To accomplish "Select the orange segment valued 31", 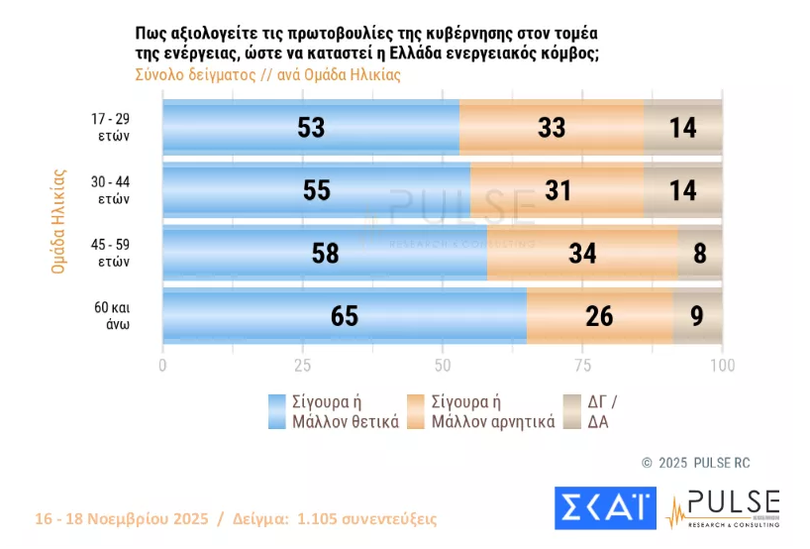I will tap(557, 190).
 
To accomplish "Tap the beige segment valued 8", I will tap(699, 253).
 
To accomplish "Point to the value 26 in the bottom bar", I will tap(599, 316).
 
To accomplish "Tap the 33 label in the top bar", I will tap(552, 127).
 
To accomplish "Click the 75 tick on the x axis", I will tap(582, 365).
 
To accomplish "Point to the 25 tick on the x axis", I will tap(302, 365).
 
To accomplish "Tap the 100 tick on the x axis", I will tap(723, 365).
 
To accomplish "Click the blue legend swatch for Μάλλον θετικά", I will tap(277, 411).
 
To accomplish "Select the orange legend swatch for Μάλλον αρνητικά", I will tap(416, 411).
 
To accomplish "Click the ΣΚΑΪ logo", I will tap(604, 507).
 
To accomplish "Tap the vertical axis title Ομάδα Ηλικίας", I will tap(58, 221).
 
